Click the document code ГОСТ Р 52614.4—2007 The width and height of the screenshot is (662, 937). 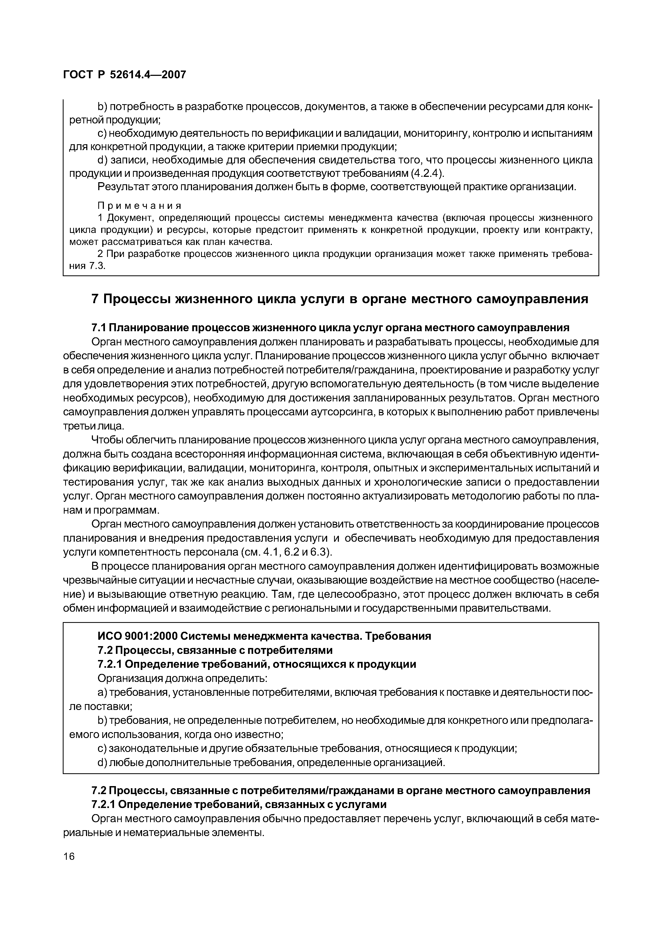tap(124, 75)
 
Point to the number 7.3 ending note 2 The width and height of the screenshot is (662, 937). tap(97, 266)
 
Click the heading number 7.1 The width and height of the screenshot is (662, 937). tap(99, 328)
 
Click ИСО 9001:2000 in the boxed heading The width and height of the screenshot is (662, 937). tap(137, 636)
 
